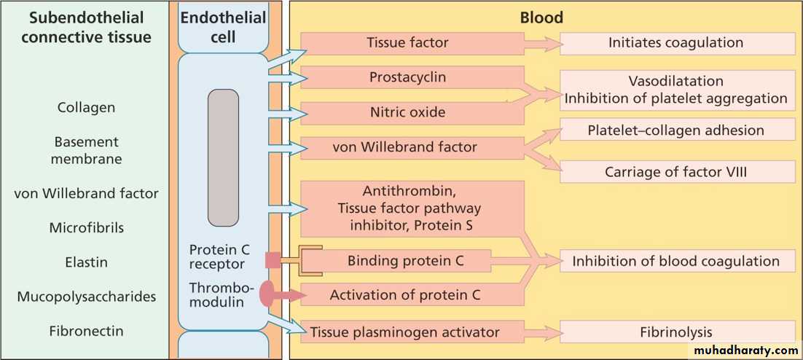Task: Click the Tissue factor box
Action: (x=408, y=43)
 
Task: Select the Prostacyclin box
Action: (x=408, y=77)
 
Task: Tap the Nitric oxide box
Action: (x=408, y=113)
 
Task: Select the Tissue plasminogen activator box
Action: (x=405, y=332)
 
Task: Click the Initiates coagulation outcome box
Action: (x=676, y=43)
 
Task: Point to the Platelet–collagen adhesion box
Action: (x=676, y=130)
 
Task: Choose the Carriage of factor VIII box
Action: (x=676, y=172)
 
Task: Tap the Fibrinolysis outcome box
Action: (x=676, y=332)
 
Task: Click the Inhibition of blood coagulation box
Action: (x=676, y=261)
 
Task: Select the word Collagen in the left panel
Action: (x=86, y=108)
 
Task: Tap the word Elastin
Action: (x=86, y=262)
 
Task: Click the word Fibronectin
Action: (x=86, y=332)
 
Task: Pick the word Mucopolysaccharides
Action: (x=86, y=297)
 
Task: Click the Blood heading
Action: (x=541, y=17)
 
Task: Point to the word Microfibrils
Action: (x=86, y=227)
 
